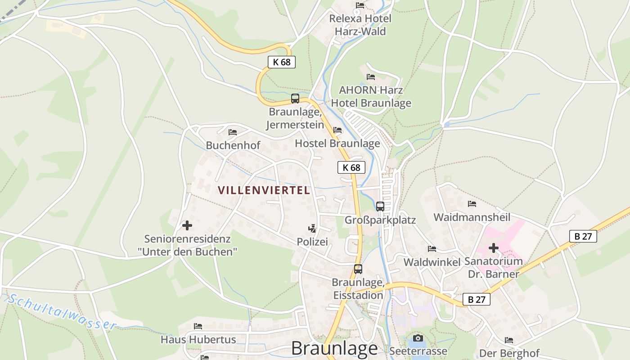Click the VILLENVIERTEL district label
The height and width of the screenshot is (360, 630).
(264, 190)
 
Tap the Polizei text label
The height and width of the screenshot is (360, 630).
(312, 242)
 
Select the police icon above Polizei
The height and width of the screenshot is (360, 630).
(312, 229)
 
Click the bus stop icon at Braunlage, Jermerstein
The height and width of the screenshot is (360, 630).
(295, 99)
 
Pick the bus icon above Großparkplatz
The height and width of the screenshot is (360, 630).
(380, 207)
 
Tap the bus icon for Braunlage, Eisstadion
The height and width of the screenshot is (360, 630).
(358, 269)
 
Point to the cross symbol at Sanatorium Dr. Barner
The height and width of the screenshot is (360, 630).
(494, 248)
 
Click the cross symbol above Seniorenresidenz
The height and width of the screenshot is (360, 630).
(187, 225)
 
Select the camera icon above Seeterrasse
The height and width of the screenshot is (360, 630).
(418, 338)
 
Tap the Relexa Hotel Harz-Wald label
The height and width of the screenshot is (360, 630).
(360, 25)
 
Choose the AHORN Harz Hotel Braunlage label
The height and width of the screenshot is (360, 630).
(371, 96)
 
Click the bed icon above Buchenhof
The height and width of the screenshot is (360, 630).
(233, 132)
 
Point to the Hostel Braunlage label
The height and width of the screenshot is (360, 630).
(337, 144)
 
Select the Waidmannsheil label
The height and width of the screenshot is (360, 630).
(472, 217)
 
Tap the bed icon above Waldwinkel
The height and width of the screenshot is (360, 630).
(432, 249)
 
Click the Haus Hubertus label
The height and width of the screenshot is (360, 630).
(198, 339)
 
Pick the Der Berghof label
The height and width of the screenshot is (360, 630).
(509, 353)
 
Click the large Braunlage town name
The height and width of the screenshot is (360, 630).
(334, 348)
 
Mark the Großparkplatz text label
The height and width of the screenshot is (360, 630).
(380, 220)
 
